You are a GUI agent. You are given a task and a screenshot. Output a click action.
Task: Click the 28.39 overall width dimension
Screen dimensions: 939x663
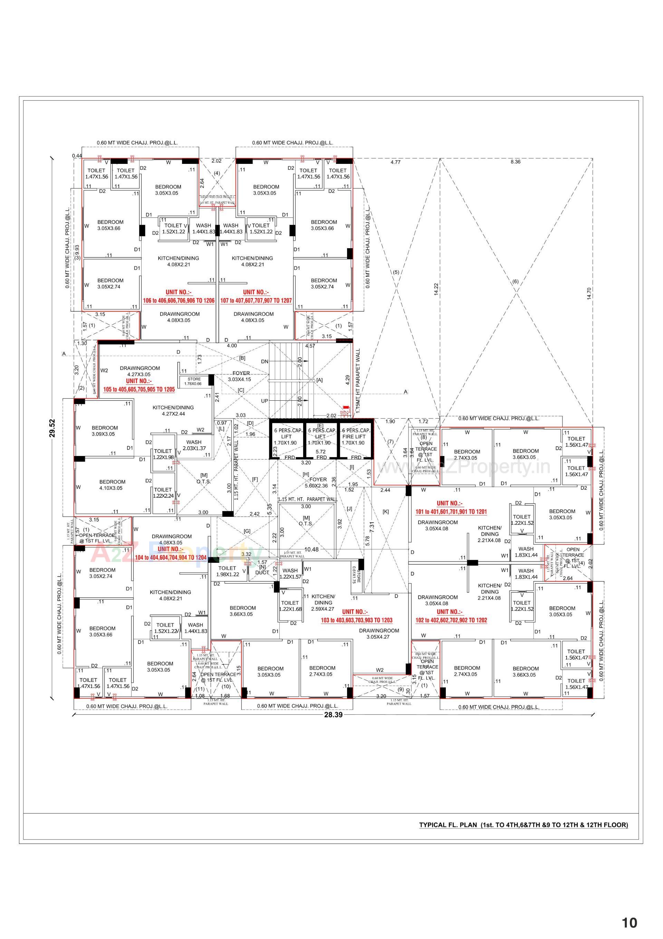point(333,715)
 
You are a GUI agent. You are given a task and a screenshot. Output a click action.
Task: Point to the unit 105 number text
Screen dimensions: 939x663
point(139,389)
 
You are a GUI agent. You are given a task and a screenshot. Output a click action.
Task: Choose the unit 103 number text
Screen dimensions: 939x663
point(356,620)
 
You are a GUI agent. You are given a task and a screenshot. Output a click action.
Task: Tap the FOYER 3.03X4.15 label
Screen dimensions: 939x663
point(241,376)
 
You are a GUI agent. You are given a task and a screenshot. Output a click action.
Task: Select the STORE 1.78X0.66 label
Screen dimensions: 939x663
point(194,381)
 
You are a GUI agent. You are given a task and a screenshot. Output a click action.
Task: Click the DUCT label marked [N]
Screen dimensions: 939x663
point(262,572)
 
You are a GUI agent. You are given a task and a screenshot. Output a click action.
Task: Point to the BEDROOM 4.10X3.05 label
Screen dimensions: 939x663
point(112,485)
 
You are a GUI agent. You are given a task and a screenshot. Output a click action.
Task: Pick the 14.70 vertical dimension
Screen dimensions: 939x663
point(589,293)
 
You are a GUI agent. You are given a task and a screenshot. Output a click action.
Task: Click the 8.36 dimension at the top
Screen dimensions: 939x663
point(516,162)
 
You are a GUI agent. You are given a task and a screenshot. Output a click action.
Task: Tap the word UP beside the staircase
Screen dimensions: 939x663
point(264,401)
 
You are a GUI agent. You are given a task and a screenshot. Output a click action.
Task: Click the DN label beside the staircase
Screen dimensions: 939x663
point(264,362)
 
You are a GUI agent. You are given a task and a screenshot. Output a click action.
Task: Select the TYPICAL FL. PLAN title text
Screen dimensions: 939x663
point(523,825)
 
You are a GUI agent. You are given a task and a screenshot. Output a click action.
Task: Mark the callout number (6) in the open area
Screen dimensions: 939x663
point(515,281)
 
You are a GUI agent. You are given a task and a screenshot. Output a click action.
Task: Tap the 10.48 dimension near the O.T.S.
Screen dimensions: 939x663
point(311,549)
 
